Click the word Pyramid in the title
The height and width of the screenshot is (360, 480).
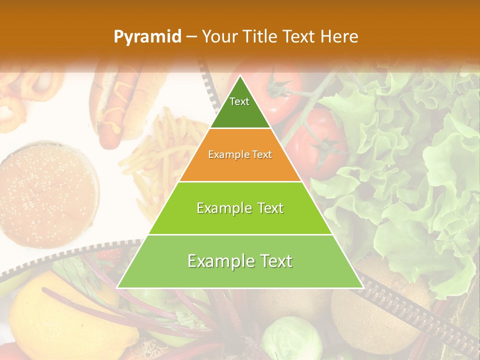click(x=147, y=37)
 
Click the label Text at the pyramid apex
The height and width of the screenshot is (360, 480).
click(x=239, y=101)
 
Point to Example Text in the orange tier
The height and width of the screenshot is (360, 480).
click(x=240, y=154)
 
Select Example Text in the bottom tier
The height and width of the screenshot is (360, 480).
click(x=240, y=261)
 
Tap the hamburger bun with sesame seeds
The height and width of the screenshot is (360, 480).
click(x=47, y=192)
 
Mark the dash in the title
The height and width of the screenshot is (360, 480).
click(x=191, y=37)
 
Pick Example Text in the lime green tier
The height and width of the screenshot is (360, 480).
click(x=240, y=208)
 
